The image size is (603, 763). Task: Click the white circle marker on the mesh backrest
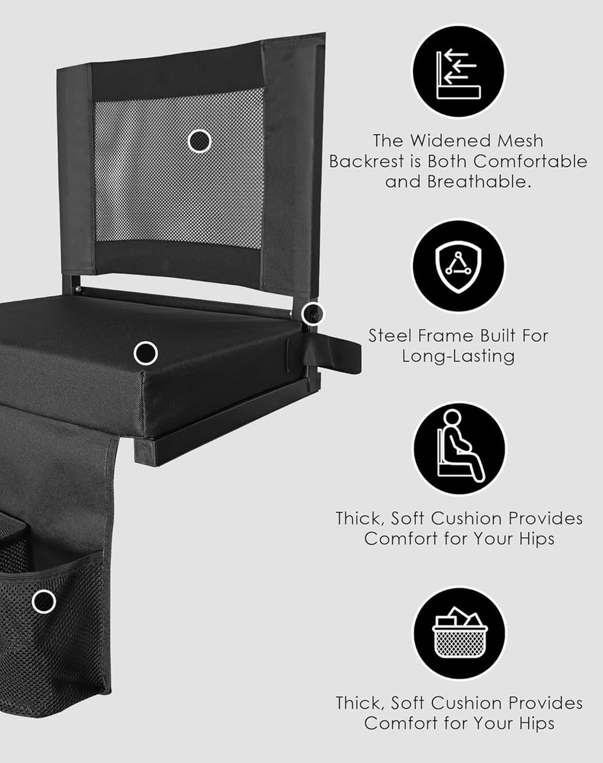pyautogui.click(x=199, y=140)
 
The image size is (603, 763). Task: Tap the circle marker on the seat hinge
pyautogui.click(x=312, y=313)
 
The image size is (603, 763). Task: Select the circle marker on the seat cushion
pyautogui.click(x=145, y=353)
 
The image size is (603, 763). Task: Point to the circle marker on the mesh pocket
pyautogui.click(x=44, y=601)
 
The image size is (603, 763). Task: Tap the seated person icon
pyautogui.click(x=459, y=449)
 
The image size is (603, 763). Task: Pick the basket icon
pyautogui.click(x=459, y=633)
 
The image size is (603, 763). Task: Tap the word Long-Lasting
pyautogui.click(x=458, y=356)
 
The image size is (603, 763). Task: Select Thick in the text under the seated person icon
pyautogui.click(x=360, y=518)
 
